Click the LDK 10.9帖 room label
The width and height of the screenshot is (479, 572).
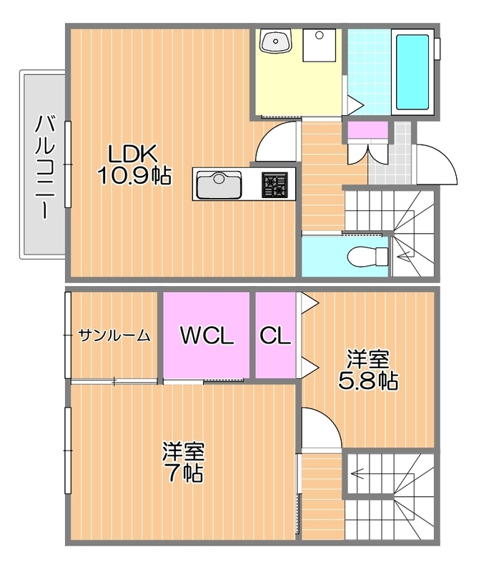point(134,164)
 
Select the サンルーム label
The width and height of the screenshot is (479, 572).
point(114,335)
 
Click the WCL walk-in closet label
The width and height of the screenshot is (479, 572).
point(207,335)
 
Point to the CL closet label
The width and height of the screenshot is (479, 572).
point(275,335)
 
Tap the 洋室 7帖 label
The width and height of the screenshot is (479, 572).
point(183,462)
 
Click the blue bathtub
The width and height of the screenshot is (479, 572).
point(413,69)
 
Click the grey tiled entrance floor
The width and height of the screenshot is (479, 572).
point(403,154)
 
